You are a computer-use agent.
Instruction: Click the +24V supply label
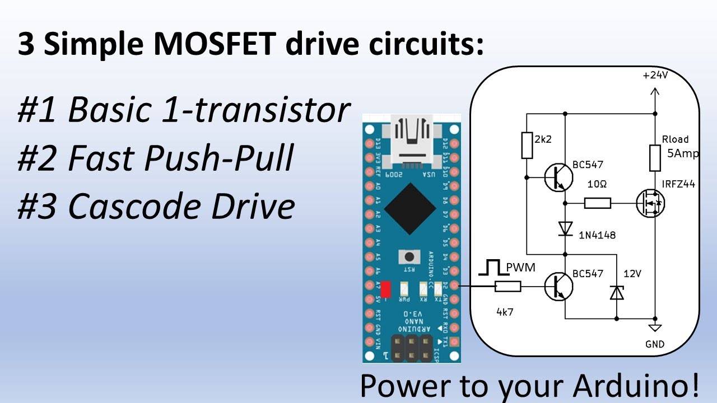click(655, 76)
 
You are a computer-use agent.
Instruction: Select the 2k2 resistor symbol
click(527, 145)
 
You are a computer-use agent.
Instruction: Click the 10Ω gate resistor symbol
click(597, 203)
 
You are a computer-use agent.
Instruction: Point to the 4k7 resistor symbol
click(508, 287)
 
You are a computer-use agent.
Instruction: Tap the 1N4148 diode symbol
click(565, 228)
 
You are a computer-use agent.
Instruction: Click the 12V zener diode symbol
click(617, 292)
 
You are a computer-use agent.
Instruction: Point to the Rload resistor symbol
click(655, 158)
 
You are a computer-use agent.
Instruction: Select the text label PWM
click(520, 268)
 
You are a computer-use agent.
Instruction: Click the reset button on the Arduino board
click(409, 257)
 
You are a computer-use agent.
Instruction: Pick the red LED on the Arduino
click(385, 289)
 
